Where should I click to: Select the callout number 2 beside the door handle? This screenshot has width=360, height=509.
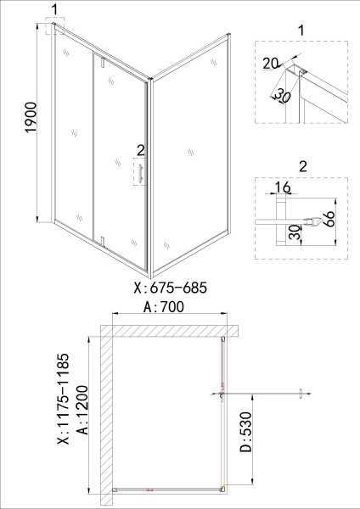tap(140, 151)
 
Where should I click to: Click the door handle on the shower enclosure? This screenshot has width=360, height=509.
tap(141, 174)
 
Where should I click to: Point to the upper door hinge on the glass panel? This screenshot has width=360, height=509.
tap(100, 63)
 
